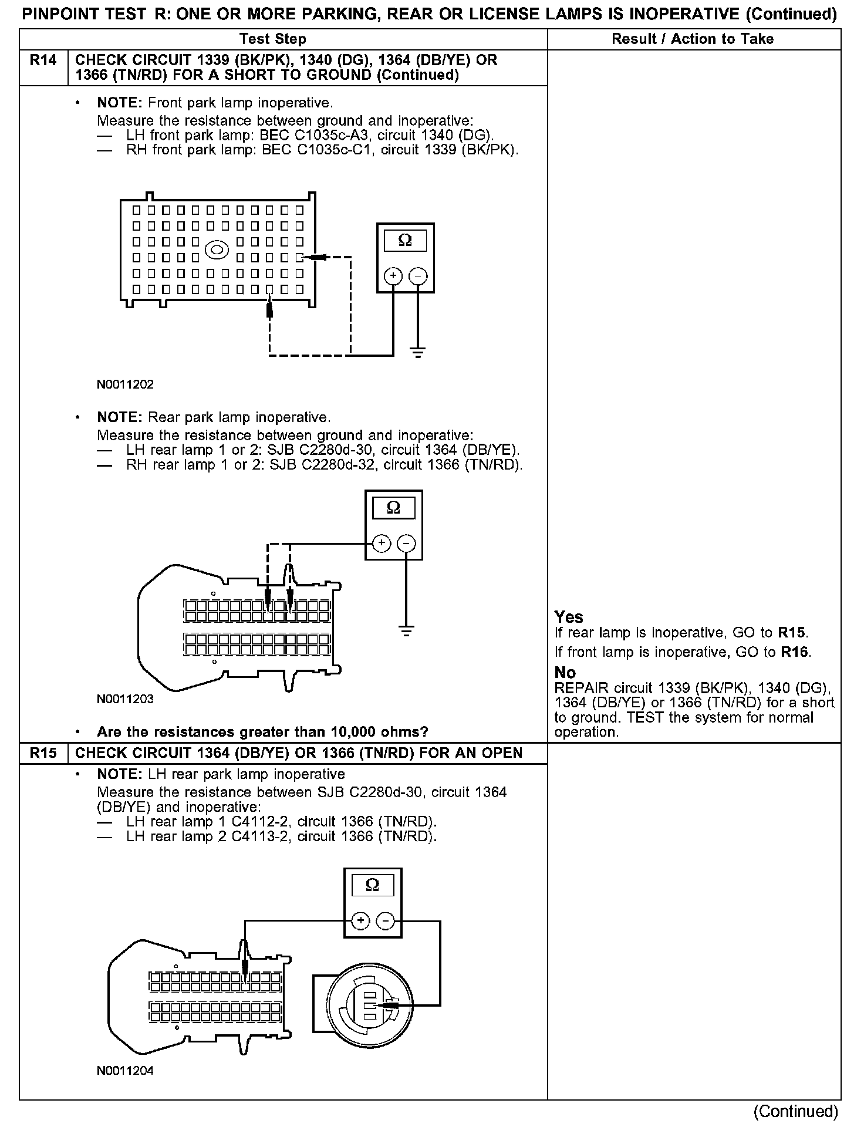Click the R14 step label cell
tap(43, 60)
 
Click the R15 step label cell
tap(43, 753)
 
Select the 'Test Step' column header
tap(273, 39)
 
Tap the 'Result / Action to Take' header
tap(693, 39)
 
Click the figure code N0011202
tap(125, 384)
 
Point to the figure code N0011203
tap(125, 699)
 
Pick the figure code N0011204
tap(125, 1071)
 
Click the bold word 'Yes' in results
tap(569, 617)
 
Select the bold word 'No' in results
tap(565, 673)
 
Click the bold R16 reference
tap(795, 652)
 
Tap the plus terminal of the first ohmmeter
tap(393, 276)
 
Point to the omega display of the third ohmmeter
tap(372, 885)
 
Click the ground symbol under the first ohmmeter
tap(417, 353)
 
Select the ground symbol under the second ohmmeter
tap(406, 632)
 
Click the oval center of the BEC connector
tap(216, 250)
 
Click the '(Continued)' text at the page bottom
tap(795, 1111)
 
